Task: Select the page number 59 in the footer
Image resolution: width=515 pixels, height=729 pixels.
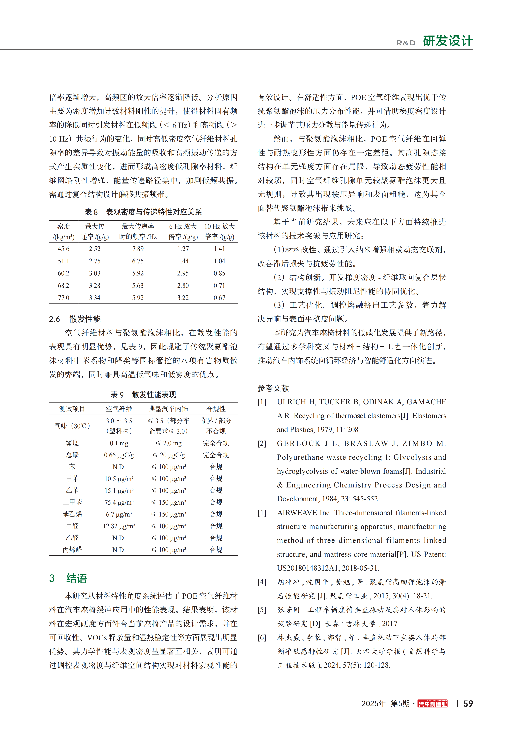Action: pyautogui.click(x=468, y=704)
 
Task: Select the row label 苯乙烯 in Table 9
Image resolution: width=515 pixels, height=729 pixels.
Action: pyautogui.click(x=72, y=514)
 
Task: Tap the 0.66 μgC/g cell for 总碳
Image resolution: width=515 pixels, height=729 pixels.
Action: pyautogui.click(x=119, y=455)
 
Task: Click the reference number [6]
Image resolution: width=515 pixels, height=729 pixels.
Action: pyautogui.click(x=262, y=638)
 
